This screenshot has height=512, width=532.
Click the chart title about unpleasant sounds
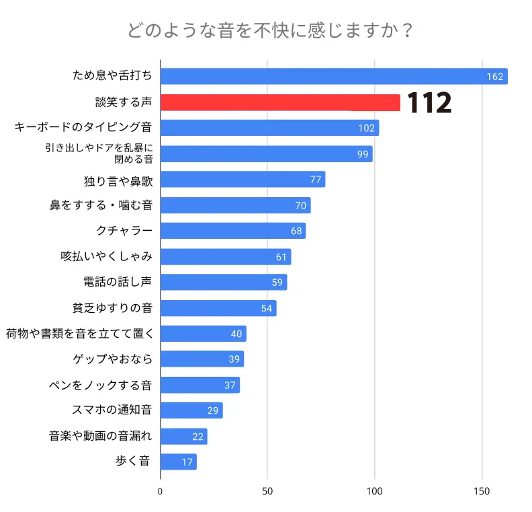coord(269,31)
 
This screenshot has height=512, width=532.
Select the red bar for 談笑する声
coord(280,102)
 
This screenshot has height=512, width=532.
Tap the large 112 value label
coord(430,103)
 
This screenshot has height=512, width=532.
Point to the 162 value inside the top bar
coord(495,77)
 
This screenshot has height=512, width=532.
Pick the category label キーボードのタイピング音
coord(84,128)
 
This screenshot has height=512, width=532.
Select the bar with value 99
coord(266,154)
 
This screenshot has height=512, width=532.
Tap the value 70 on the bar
coord(301,206)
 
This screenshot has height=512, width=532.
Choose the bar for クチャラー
coord(232,231)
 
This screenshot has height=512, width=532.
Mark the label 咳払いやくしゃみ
coord(106,256)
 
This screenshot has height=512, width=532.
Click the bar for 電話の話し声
coord(223,282)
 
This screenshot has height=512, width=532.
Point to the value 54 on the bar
coord(267,308)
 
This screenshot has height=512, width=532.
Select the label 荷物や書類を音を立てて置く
coord(80,333)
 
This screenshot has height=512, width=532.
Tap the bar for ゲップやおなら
coord(202,359)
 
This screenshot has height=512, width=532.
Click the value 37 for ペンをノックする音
coord(230,386)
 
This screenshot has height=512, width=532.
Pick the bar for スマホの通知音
coord(191,410)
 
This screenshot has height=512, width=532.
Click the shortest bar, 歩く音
coord(178,462)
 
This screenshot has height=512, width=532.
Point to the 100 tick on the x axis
coord(374,491)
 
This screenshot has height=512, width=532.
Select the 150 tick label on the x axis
coord(482,491)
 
